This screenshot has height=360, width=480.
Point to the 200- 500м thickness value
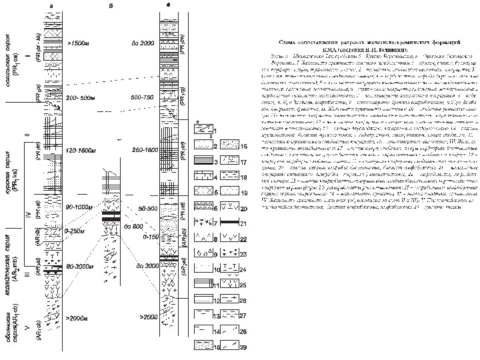tap(81, 97)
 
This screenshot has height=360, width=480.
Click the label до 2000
tap(143, 43)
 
